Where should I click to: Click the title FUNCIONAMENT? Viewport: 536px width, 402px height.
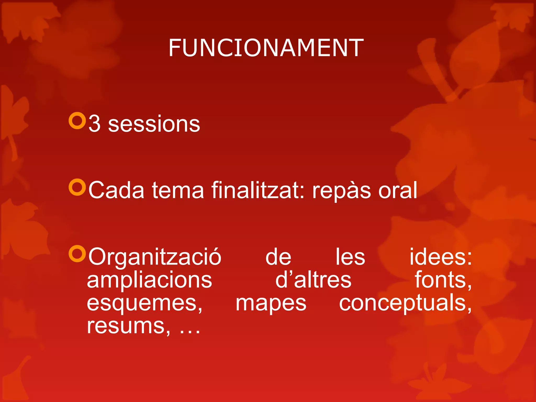(266, 48)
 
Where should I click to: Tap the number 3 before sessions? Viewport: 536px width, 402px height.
(94, 124)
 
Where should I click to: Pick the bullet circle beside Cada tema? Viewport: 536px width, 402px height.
(77, 187)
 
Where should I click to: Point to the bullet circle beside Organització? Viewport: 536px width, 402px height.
(77, 254)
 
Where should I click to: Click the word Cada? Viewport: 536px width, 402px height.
(116, 190)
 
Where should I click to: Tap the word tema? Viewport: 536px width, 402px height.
(178, 190)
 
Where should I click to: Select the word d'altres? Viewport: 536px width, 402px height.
(313, 280)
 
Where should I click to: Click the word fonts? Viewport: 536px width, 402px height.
(443, 280)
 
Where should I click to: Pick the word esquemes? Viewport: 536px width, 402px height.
(144, 304)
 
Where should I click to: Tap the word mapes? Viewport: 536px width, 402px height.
(271, 304)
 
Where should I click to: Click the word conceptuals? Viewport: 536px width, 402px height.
(405, 304)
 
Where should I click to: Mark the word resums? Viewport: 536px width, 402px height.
(128, 326)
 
